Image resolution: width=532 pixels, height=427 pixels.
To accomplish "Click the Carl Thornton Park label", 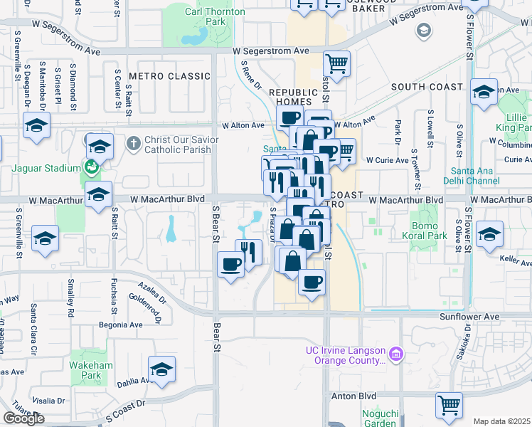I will [215, 17].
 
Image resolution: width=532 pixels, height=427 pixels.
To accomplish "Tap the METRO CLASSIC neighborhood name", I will [164, 76].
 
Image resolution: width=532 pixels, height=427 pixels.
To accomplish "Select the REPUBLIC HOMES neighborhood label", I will [294, 97].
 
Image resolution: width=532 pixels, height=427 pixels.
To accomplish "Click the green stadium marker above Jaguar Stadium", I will [90, 168].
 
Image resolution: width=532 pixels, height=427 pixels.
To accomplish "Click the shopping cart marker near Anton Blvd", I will [449, 405].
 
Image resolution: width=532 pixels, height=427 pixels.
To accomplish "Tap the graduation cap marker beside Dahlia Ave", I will [161, 369].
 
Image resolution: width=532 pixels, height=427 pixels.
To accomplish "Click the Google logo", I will [23, 418].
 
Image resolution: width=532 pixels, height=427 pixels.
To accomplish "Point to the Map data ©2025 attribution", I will [502, 421].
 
